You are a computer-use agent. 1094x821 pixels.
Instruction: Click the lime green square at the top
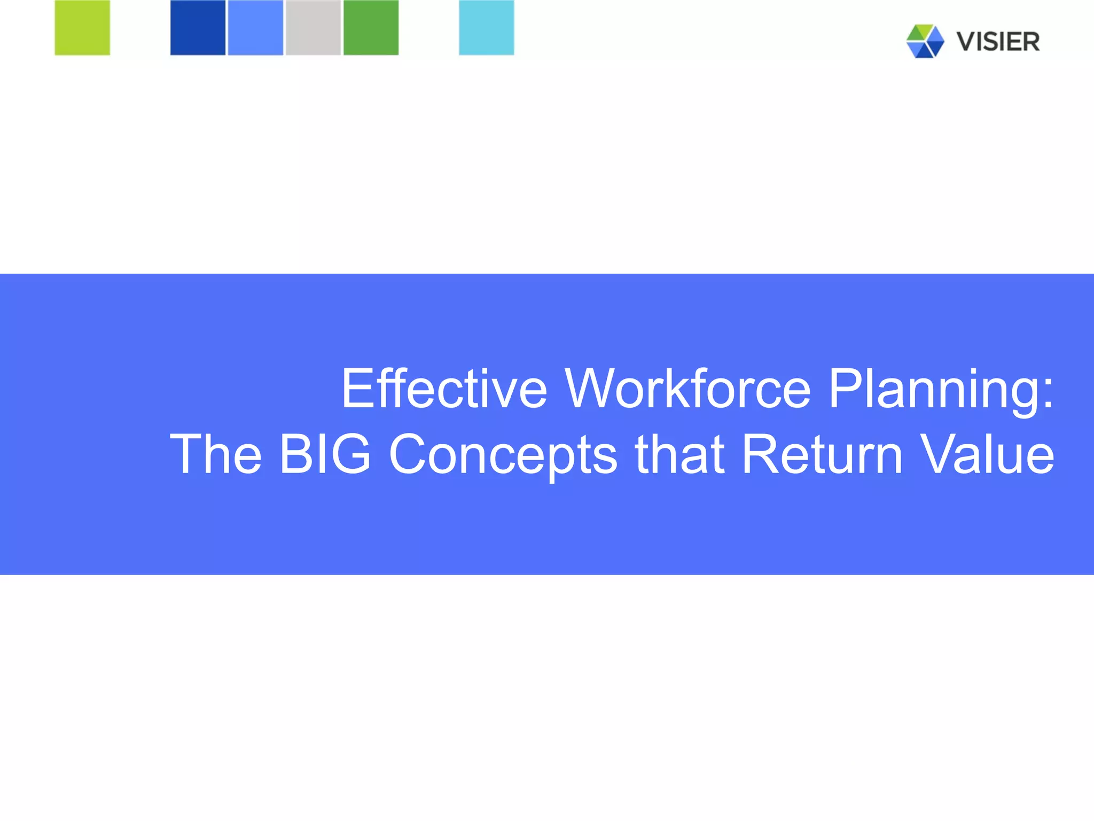click(x=82, y=27)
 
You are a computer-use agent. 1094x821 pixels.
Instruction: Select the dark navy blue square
click(x=198, y=27)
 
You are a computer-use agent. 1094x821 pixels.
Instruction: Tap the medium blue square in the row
click(x=255, y=27)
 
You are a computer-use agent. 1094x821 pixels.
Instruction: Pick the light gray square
click(x=313, y=27)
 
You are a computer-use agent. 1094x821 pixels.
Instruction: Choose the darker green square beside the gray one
click(x=371, y=27)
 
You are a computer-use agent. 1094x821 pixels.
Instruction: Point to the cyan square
click(x=486, y=27)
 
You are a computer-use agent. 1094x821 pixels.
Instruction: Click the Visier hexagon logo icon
click(x=925, y=41)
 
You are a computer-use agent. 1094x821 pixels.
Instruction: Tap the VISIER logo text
click(x=998, y=42)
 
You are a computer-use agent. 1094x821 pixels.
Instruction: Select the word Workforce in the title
click(x=688, y=389)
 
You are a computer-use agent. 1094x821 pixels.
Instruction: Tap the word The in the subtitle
click(x=216, y=454)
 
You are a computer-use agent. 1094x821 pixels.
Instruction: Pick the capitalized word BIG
click(x=325, y=454)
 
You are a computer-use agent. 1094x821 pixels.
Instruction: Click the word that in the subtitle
click(x=679, y=454)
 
